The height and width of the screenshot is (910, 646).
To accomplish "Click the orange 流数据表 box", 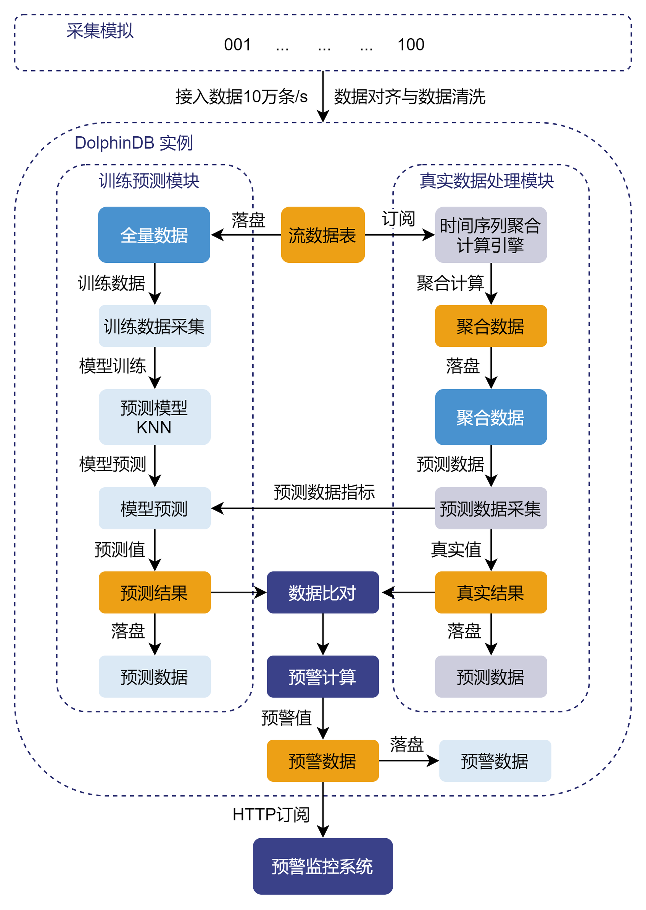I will (x=322, y=234).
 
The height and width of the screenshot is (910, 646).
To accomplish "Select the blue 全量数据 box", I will (x=154, y=234).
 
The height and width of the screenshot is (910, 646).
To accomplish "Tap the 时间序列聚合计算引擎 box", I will (x=490, y=234).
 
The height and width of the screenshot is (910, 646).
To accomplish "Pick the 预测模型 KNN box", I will (x=154, y=417).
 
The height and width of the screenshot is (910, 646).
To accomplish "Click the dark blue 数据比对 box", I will (x=322, y=592).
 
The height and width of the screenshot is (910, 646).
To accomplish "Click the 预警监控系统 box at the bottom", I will (x=322, y=866).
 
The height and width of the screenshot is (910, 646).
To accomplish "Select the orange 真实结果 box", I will (x=490, y=592).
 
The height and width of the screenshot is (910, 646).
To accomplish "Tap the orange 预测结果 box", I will (x=154, y=592).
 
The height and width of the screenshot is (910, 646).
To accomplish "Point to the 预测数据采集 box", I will (x=490, y=508).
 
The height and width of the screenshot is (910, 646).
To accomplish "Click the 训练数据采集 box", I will (x=154, y=326).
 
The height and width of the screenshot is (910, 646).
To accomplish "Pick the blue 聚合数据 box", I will (x=490, y=417).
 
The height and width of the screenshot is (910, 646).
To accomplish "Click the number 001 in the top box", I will (x=237, y=45).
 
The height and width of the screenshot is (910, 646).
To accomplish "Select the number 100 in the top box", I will (x=411, y=45).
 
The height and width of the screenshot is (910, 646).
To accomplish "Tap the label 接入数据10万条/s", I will (x=242, y=96).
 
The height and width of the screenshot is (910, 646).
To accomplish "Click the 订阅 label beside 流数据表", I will (x=398, y=218).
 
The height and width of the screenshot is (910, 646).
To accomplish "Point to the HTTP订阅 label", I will (x=271, y=815).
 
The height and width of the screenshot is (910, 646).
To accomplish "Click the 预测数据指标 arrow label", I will (x=324, y=491).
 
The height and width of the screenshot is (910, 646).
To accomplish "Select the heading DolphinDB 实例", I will (x=134, y=142).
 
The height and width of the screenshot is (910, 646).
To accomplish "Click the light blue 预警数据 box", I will (x=495, y=760).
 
